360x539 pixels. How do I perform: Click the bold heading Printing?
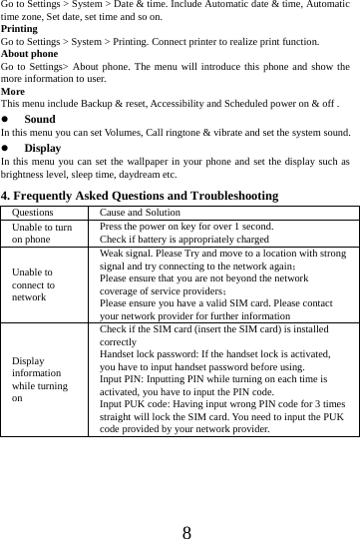point(19,30)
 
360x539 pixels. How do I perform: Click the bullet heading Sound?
point(40,119)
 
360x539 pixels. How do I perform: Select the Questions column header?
point(34,212)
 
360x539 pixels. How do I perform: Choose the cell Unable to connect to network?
point(35,283)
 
